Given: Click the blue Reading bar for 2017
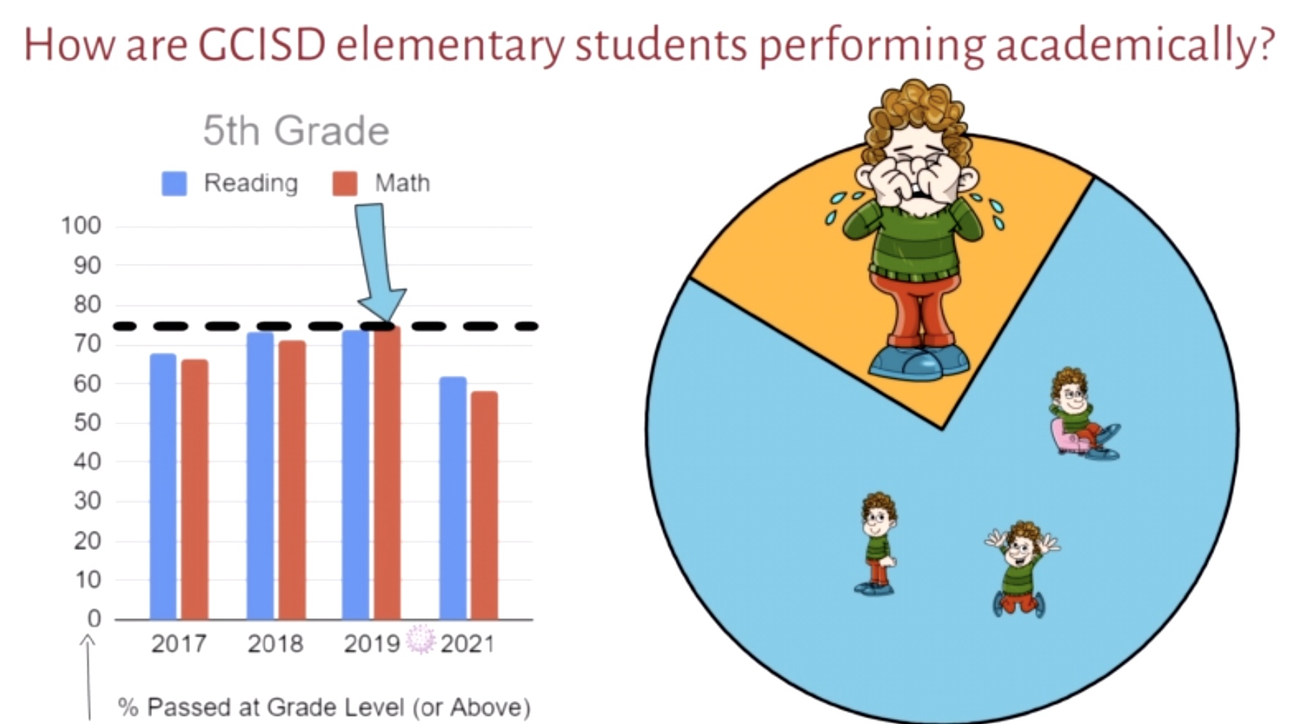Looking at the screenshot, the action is click(163, 486).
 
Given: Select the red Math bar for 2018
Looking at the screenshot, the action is click(292, 480).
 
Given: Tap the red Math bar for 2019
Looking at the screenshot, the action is click(387, 473).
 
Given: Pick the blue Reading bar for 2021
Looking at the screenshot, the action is click(453, 498).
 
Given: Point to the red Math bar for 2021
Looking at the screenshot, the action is click(484, 505).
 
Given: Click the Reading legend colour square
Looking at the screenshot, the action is click(174, 184).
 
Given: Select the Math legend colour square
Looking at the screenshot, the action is click(345, 184).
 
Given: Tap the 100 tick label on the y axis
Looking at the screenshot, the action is click(81, 225).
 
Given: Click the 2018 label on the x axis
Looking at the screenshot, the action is click(275, 644).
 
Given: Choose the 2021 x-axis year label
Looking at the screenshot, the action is click(467, 644).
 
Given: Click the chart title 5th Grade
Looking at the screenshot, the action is click(296, 131).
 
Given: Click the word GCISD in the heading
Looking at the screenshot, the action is click(262, 45).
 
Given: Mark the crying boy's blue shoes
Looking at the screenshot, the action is click(919, 361).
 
